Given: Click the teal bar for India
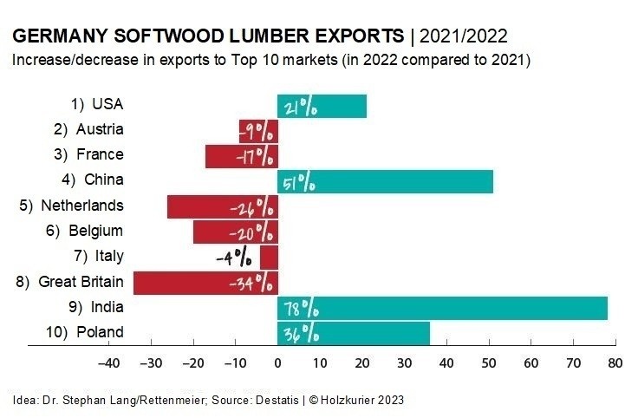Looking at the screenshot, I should tap(442, 308).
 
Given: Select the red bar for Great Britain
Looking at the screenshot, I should tap(205, 283).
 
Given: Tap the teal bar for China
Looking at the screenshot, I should tap(386, 181).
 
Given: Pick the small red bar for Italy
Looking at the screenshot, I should tap(269, 258).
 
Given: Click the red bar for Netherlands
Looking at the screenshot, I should tap(222, 207).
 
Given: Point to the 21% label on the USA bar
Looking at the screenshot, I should tap(300, 107).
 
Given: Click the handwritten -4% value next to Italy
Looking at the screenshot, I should tap(235, 258).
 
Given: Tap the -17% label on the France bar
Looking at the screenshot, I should tap(253, 157).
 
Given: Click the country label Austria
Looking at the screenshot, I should tap(100, 129).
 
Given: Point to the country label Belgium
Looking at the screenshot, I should tap(96, 231).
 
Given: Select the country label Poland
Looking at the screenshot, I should tap(100, 332).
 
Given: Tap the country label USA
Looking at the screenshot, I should tap(108, 104).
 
